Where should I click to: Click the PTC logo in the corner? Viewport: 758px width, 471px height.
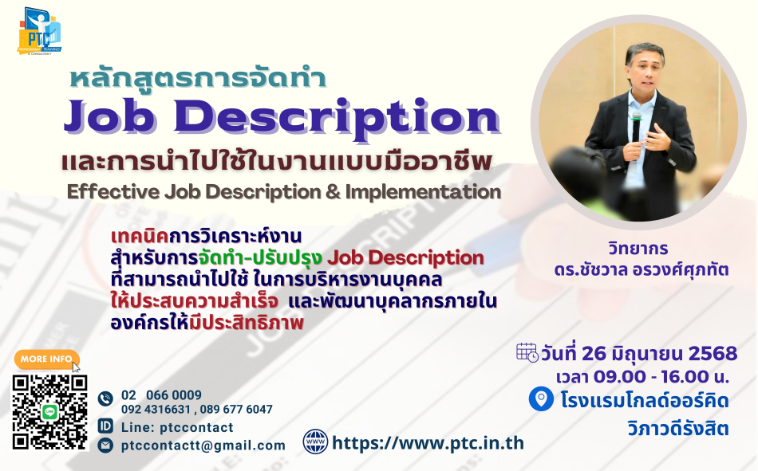tap(40, 31)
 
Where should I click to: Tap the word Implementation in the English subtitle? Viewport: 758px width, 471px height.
tap(423, 192)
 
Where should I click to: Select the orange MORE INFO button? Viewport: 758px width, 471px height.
tap(46, 359)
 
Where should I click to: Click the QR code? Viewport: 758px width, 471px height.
tap(50, 412)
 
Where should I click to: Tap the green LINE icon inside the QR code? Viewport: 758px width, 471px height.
tap(50, 412)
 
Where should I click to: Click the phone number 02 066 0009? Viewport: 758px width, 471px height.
tap(161, 395)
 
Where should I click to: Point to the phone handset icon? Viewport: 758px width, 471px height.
tap(105, 398)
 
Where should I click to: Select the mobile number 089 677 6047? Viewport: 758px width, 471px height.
tap(236, 409)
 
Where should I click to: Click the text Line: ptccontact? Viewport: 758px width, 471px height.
tap(177, 427)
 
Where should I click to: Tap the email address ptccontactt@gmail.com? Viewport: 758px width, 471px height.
tap(203, 445)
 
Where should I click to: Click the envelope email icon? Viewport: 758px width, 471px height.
tap(105, 445)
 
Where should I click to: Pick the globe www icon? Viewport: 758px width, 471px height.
tap(315, 442)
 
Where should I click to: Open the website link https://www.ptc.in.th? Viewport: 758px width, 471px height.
tap(428, 443)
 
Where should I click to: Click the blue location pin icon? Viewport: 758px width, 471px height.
tap(541, 399)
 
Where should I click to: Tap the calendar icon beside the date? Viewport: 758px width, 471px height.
tap(527, 352)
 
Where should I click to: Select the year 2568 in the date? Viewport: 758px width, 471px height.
tap(713, 354)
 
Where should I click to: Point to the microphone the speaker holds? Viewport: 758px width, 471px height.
tap(636, 127)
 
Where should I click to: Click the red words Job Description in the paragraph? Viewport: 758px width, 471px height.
tap(405, 258)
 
